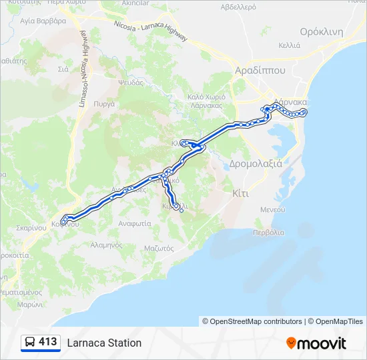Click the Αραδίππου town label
pos(260,70)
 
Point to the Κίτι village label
pos(241,193)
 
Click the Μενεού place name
pos(273,209)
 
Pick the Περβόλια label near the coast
pos(268,233)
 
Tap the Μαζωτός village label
pos(159,248)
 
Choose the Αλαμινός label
pos(105,245)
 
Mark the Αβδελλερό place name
pos(238,8)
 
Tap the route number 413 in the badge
pos(48,342)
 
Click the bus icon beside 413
pos(31,343)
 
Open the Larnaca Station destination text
pos(104,343)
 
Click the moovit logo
pos(316,343)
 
